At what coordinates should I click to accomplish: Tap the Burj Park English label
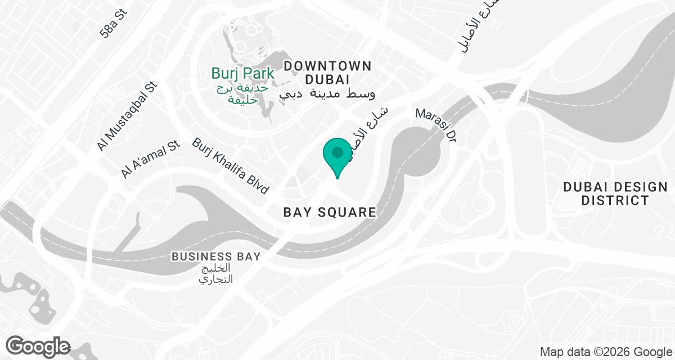pos(243,73)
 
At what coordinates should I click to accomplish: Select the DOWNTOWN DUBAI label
pos(327,73)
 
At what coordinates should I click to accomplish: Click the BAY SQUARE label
pos(329,212)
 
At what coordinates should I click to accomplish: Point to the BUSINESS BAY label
pos(216,256)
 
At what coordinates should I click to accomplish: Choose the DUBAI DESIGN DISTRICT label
pos(615,193)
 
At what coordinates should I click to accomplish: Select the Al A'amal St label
pos(150,160)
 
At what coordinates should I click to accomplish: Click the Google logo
pos(38,345)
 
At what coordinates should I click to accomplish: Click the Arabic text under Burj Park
pos(243,93)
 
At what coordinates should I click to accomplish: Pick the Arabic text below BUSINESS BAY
pos(216,273)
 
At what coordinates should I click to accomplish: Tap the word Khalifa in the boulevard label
pos(232,166)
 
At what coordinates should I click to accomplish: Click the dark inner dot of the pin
pos(337,152)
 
